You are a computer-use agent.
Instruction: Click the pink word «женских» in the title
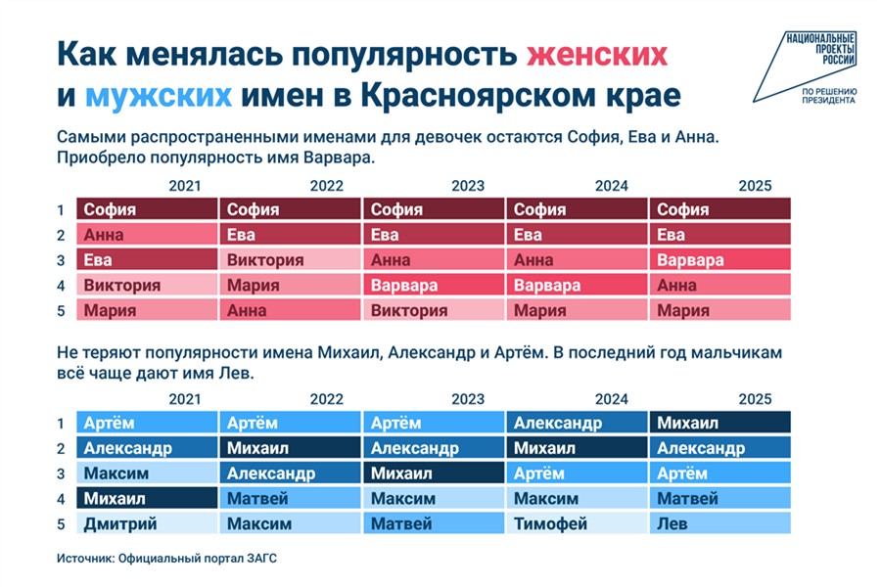click(597, 55)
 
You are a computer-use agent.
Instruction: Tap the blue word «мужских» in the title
click(159, 96)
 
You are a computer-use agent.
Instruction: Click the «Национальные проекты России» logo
click(806, 68)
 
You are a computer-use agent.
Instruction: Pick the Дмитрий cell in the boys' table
click(147, 523)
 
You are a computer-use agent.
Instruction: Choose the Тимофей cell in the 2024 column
click(577, 523)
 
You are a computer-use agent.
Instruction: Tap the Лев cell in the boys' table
click(719, 523)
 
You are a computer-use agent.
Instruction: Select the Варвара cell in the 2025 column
click(719, 259)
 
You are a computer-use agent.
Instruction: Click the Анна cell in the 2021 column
click(147, 234)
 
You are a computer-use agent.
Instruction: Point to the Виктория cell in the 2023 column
click(434, 310)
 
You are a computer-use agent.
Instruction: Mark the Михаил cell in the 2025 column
click(719, 423)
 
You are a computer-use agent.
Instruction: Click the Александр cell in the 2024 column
click(577, 423)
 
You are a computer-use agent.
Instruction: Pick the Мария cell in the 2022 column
click(290, 285)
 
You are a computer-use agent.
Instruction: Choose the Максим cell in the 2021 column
click(147, 473)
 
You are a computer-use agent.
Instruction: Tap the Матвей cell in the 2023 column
click(434, 523)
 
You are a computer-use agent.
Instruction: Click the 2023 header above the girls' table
click(468, 186)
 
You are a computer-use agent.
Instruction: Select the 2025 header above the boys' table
click(755, 399)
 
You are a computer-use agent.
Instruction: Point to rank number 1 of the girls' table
click(60, 210)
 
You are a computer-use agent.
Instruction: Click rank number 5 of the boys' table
click(61, 524)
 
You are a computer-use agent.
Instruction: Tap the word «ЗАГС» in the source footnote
click(261, 559)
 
